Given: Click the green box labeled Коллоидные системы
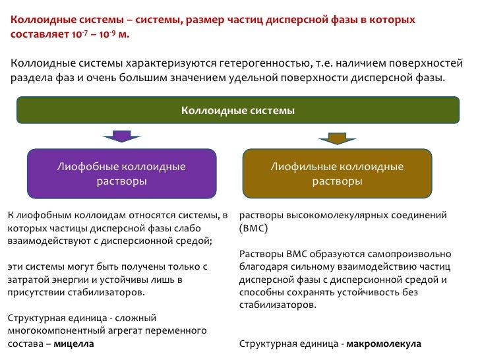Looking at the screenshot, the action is click(237, 110).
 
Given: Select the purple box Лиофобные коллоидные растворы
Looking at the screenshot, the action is click(121, 173).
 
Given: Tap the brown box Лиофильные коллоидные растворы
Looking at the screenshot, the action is click(338, 173).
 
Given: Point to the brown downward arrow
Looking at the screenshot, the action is click(334, 137).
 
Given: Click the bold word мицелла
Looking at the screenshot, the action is click(73, 344).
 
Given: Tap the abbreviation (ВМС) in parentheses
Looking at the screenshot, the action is click(253, 227).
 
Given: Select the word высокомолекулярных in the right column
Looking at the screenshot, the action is click(332, 215).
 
